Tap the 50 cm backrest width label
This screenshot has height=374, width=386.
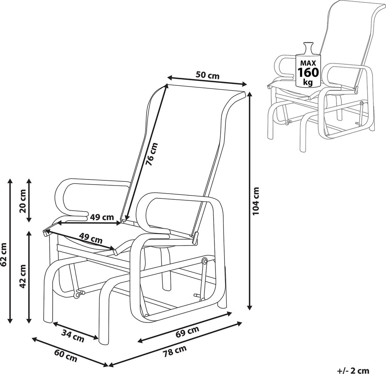tap(207, 76)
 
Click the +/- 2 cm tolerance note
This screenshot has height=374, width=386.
tap(353, 370)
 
